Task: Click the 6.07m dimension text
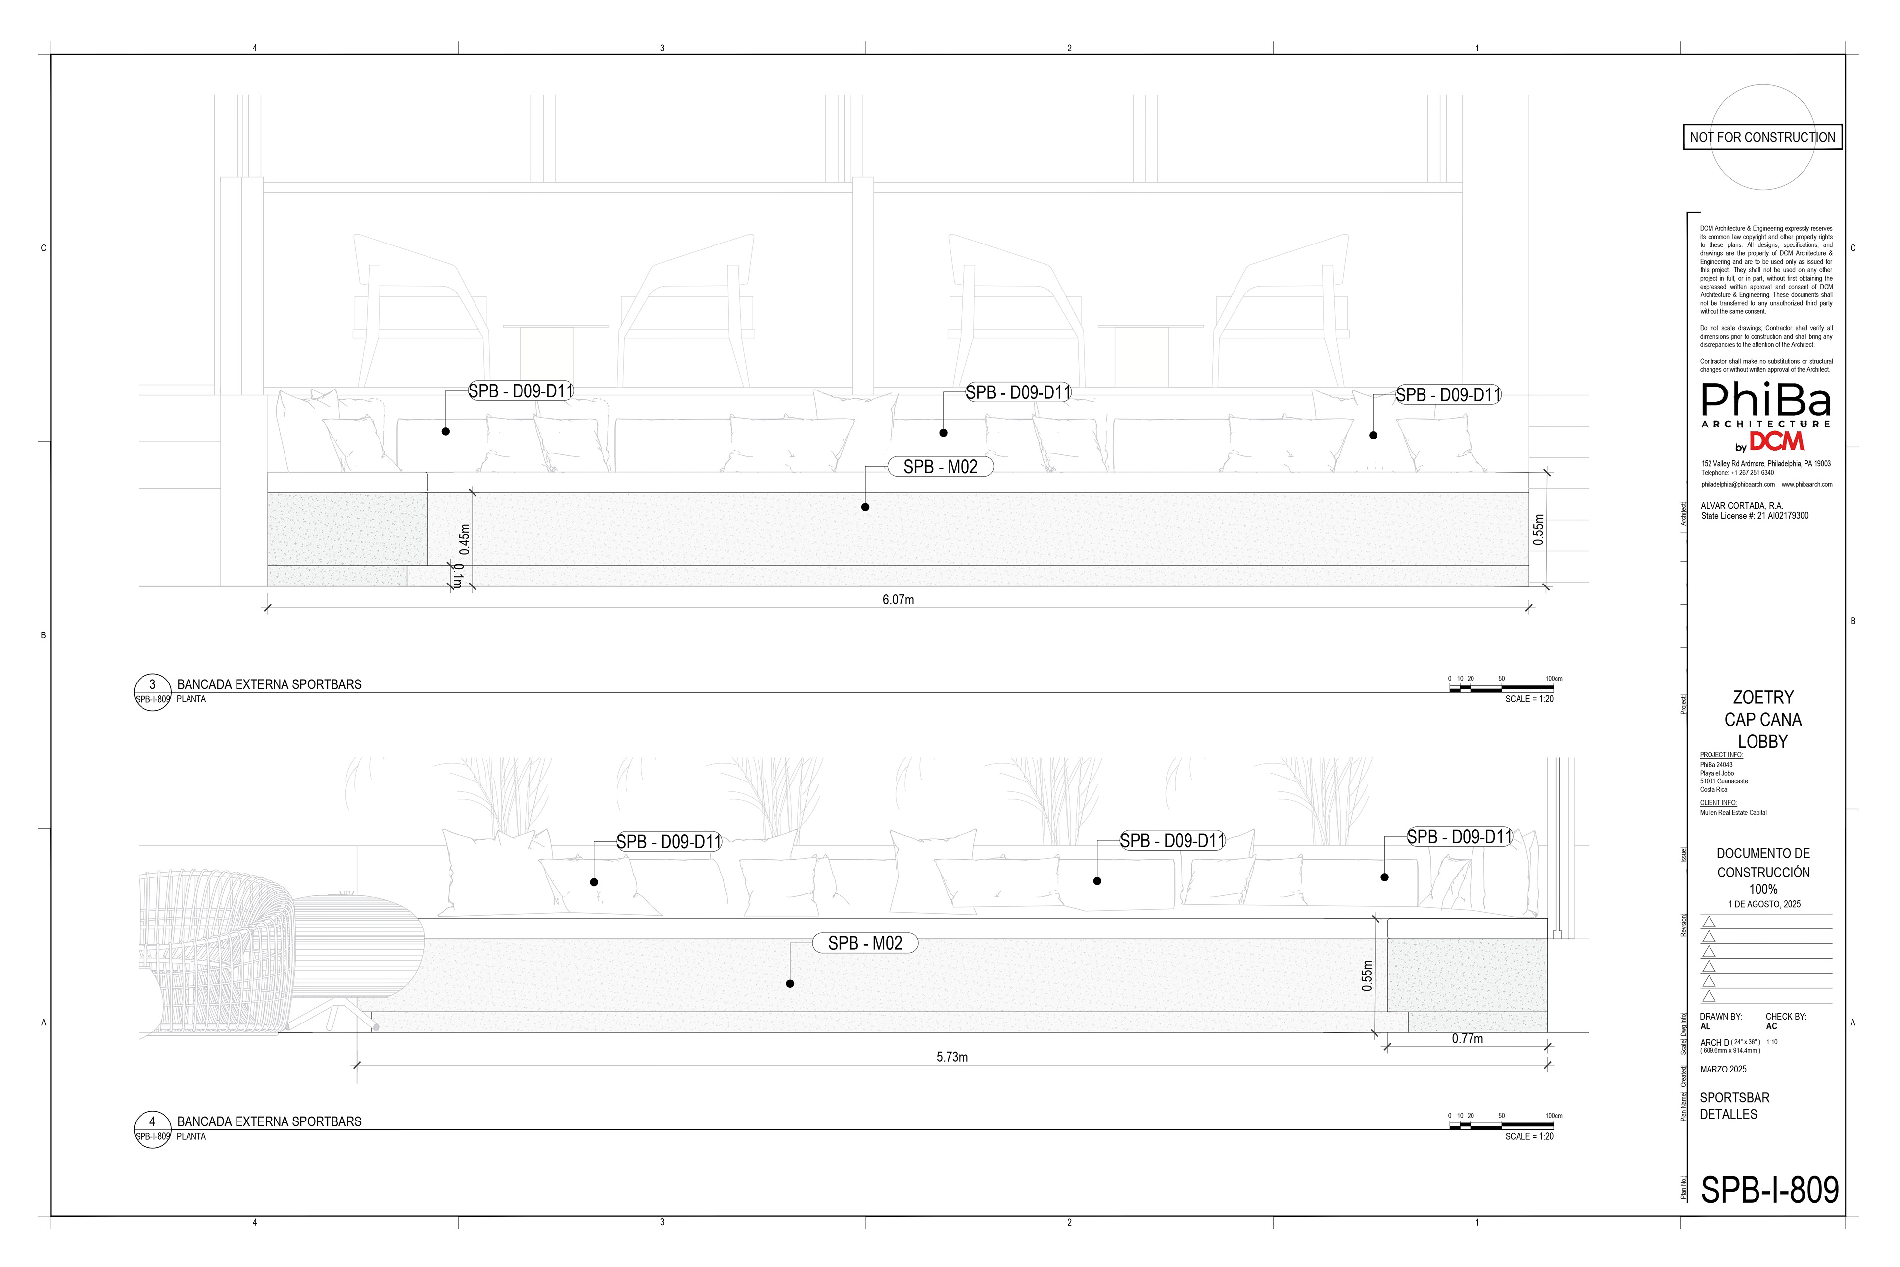898,599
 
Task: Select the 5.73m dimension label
951,1057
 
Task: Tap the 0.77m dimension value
1467,1039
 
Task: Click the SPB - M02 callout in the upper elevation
940,467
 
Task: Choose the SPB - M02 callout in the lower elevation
864,943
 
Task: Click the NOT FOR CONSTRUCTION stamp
1762,138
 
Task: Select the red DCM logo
1776,441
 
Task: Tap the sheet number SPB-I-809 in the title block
1769,1189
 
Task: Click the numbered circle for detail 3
152,685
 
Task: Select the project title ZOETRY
1762,697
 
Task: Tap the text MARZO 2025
1723,1069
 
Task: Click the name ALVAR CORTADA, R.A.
1741,506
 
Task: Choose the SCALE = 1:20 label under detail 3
1528,699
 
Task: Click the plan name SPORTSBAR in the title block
1734,1097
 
